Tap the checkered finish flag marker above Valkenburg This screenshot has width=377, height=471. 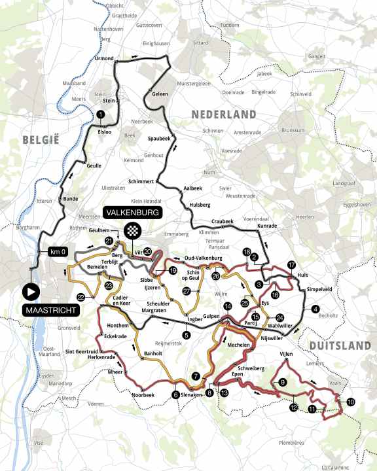click(x=133, y=230)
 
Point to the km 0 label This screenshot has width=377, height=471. click(x=54, y=252)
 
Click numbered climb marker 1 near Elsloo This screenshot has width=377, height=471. click(x=100, y=114)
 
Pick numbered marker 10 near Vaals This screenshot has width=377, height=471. click(x=351, y=402)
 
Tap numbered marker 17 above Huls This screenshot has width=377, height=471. click(x=291, y=265)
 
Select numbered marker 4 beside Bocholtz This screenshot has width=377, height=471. click(x=315, y=309)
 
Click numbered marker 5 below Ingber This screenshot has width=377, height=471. click(x=187, y=336)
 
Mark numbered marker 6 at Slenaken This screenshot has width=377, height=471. click(x=175, y=394)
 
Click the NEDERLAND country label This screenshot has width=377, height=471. click(x=223, y=114)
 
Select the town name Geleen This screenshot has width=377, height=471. click(x=160, y=94)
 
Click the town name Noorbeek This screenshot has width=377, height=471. click(x=143, y=394)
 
